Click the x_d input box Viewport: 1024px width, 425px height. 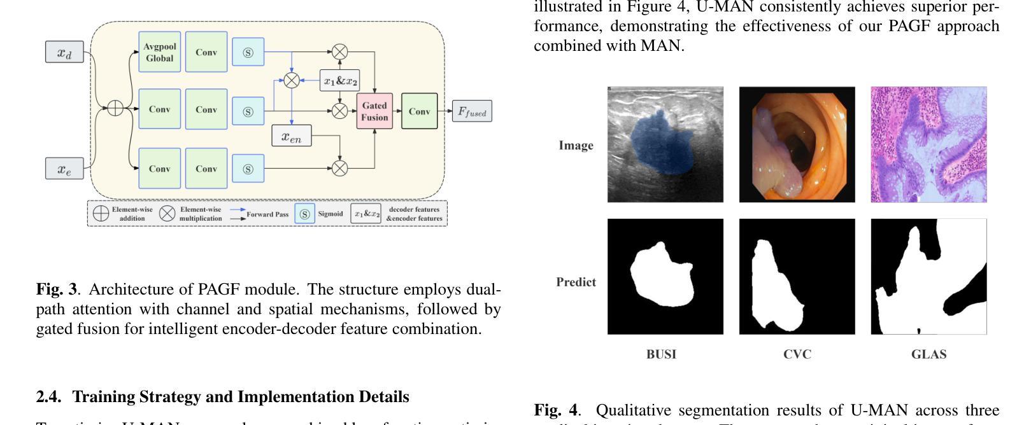(x=64, y=52)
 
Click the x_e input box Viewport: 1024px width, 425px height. (x=64, y=169)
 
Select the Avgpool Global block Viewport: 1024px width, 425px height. (x=159, y=52)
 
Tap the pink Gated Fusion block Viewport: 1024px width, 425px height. (x=374, y=111)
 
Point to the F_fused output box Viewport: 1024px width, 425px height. (x=472, y=112)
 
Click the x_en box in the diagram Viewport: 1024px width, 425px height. (x=292, y=136)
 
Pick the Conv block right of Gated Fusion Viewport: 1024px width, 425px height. (x=419, y=111)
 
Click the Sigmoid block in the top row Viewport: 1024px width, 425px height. (x=248, y=52)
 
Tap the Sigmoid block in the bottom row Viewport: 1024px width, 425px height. (x=248, y=169)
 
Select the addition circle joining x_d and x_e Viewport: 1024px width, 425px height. (x=115, y=108)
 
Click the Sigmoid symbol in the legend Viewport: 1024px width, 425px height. (x=304, y=214)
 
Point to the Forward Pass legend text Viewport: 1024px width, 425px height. (x=267, y=214)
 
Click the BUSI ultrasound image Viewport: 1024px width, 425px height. (x=665, y=144)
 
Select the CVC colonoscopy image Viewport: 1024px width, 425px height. (x=797, y=144)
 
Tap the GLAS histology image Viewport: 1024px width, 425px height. (x=928, y=144)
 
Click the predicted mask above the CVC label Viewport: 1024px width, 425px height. (x=797, y=276)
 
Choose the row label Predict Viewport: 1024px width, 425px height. (x=576, y=282)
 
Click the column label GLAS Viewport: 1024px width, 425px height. (x=928, y=354)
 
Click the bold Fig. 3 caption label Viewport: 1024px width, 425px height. (x=56, y=289)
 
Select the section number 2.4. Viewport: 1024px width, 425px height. (x=48, y=397)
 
